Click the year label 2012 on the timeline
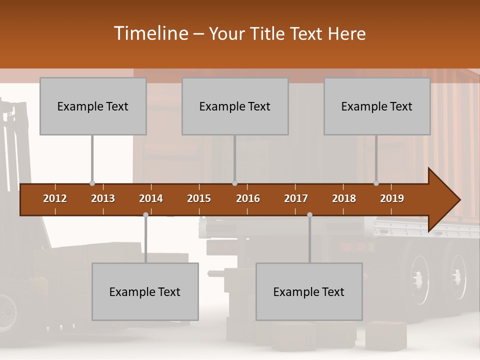tap(55, 198)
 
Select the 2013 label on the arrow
tap(103, 198)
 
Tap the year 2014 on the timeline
tap(151, 198)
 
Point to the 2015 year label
tap(199, 198)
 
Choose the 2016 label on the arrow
tap(248, 198)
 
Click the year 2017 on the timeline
tap(296, 198)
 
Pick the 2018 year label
tap(344, 198)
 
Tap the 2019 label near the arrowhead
tap(392, 198)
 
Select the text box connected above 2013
tap(93, 106)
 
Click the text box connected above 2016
tap(235, 106)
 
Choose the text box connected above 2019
tap(377, 106)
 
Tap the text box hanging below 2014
tap(145, 291)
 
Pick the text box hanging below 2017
tap(309, 291)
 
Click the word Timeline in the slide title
tap(150, 33)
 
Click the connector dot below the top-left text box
tap(92, 183)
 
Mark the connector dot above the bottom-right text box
tap(309, 214)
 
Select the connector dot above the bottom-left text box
tap(145, 214)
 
